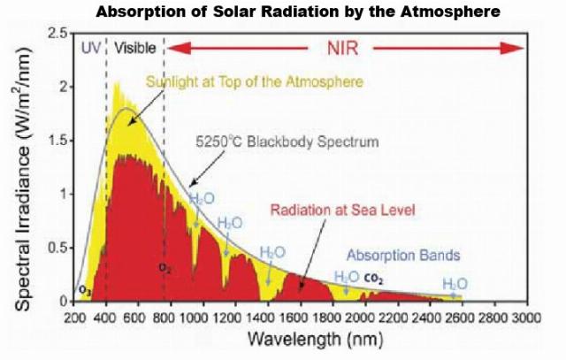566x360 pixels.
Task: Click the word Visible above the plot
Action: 135,47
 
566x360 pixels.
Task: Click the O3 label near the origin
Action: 85,290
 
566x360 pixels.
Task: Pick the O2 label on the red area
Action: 164,267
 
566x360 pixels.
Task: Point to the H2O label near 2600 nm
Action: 455,283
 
